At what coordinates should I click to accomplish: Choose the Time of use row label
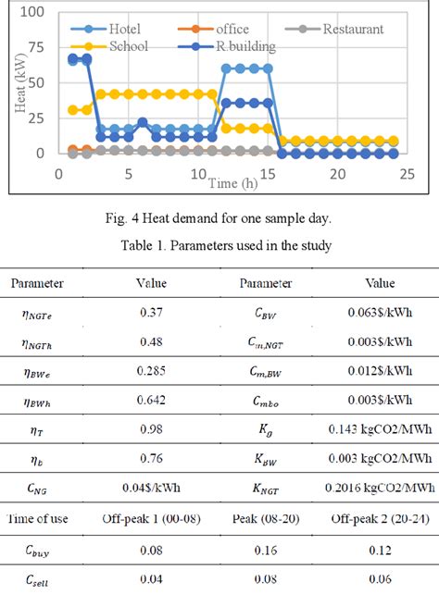tap(55, 515)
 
